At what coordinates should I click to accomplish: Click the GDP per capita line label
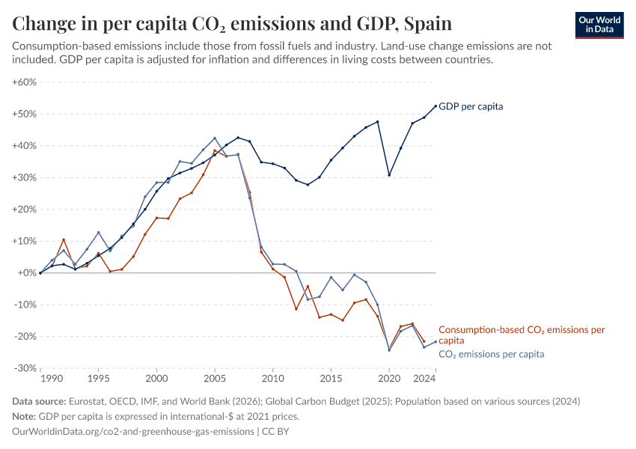click(471, 106)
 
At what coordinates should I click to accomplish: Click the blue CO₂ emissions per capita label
click(491, 354)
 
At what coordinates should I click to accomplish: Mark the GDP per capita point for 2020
click(389, 175)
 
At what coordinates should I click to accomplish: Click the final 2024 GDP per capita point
click(435, 106)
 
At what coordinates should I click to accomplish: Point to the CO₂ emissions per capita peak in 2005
click(215, 138)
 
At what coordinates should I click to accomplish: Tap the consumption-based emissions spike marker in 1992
click(64, 239)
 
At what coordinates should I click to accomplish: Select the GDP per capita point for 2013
click(308, 185)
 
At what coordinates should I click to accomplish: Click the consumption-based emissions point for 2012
click(296, 309)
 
